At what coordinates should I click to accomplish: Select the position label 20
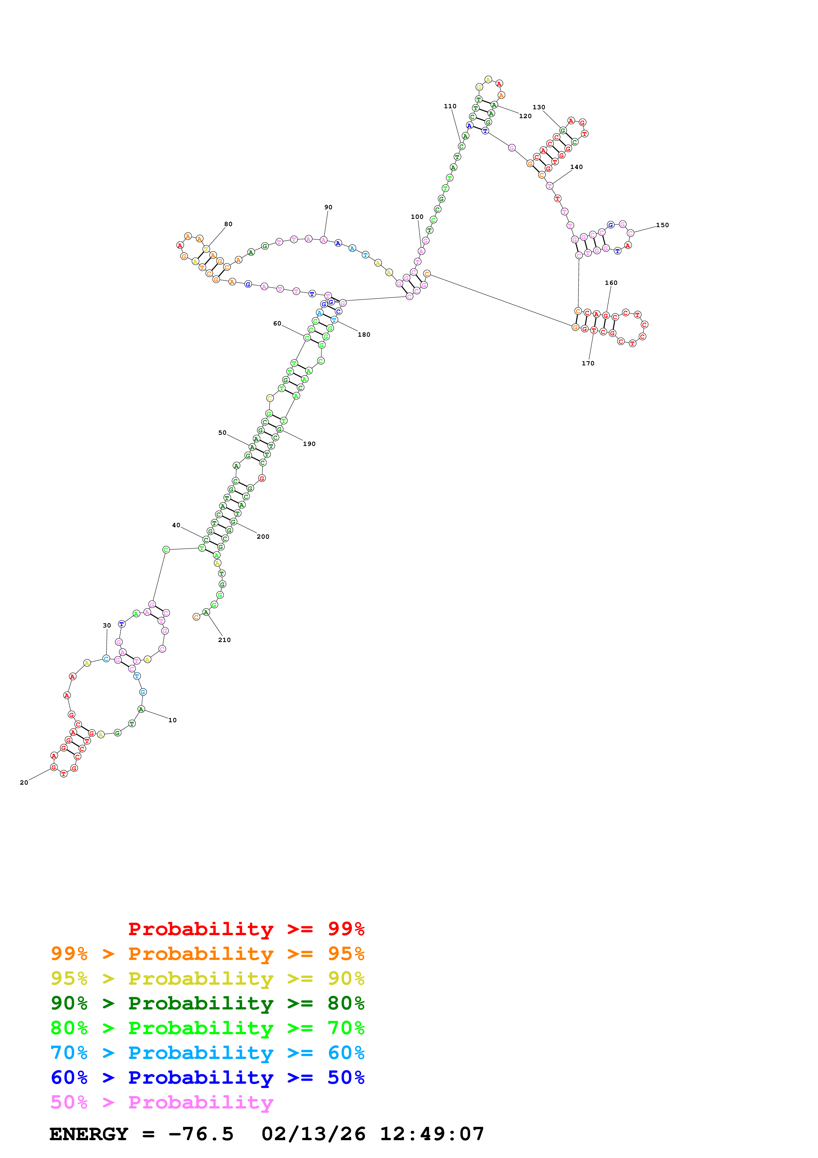24,782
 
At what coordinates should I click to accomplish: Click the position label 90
328,207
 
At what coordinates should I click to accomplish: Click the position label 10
172,720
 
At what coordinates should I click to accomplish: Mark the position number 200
263,537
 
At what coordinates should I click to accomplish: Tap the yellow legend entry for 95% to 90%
207,978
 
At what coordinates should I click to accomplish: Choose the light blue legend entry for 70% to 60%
207,1053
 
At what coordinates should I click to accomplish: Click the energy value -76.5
201,1134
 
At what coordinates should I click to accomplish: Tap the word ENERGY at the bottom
89,1134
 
